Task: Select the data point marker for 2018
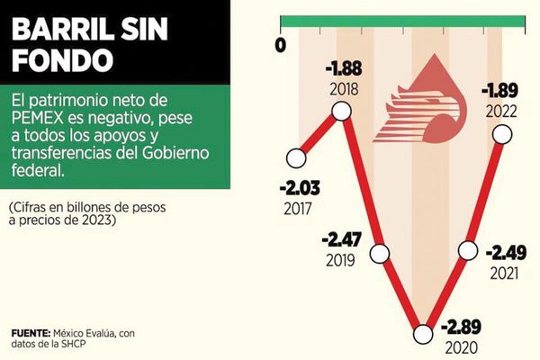pos(341,111)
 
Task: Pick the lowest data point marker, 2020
pos(422,335)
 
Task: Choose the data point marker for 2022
pos(502,134)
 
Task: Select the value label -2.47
pos(342,241)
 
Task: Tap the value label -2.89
pos(467,326)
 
